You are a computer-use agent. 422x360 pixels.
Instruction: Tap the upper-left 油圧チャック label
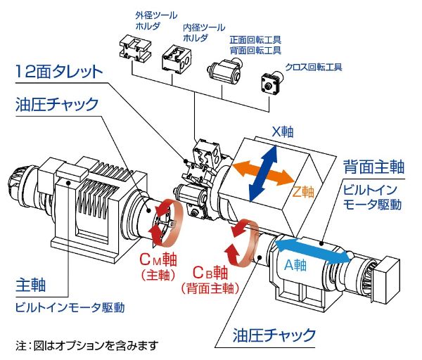[x=56, y=105]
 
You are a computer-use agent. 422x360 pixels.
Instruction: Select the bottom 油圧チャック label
[x=274, y=334]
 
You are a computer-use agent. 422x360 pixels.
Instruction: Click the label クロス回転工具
[x=314, y=68]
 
